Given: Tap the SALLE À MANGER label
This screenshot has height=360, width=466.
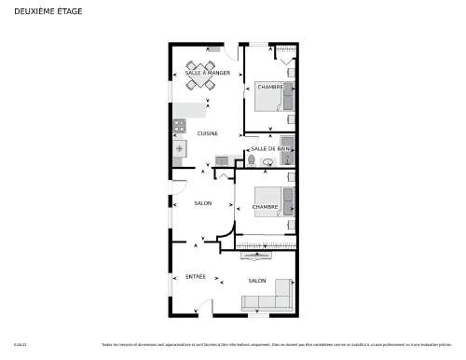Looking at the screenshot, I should click(x=207, y=73).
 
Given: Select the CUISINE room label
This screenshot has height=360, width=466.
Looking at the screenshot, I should click(x=208, y=133).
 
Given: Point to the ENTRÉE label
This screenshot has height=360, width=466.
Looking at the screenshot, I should click(x=196, y=276).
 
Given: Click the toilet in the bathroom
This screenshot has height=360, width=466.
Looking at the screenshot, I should click(x=252, y=161).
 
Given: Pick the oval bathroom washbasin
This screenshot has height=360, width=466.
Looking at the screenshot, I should click(x=268, y=161).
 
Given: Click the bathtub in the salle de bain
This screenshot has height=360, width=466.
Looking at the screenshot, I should click(x=289, y=156).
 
